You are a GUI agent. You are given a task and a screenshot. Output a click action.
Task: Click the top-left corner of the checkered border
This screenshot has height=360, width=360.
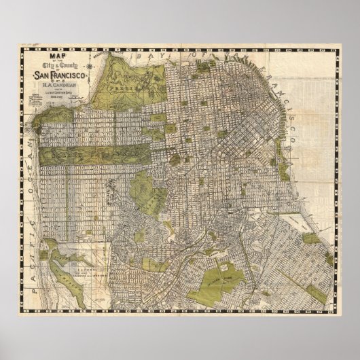tap(21, 46)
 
